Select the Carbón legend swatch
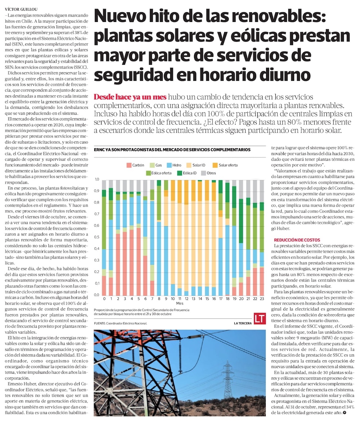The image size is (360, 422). click(x=129, y=165)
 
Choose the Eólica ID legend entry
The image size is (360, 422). click(x=186, y=173)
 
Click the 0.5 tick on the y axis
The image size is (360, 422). click(x=97, y=237)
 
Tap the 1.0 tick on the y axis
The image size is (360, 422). click(x=97, y=179)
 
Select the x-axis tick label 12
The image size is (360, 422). click(x=186, y=299)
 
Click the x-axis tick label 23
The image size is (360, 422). click(x=262, y=299)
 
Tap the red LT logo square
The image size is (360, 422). click(x=259, y=319)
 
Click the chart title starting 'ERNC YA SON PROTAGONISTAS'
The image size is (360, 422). click(x=172, y=149)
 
